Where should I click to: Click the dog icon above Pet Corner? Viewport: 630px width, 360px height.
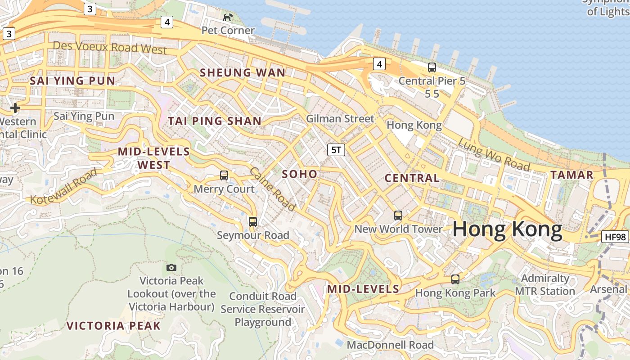228,17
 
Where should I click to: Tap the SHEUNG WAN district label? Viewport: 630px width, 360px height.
243,72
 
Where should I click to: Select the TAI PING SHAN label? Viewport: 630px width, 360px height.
215,121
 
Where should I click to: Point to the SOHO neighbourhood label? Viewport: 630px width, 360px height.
300,174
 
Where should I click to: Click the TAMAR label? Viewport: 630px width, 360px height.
572,175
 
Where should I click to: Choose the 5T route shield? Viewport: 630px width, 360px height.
336,150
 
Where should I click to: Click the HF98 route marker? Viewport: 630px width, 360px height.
615,237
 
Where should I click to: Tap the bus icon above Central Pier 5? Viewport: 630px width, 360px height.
432,67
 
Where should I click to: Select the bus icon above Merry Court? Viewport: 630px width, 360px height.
224,175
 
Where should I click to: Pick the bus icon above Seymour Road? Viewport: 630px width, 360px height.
253,221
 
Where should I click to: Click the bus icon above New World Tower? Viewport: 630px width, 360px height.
398,215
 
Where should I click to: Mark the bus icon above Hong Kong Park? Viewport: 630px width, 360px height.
455,279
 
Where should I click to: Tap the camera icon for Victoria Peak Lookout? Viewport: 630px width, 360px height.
171,268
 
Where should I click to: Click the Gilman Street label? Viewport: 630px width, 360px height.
340,119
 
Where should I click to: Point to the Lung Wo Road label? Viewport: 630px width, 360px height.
494,154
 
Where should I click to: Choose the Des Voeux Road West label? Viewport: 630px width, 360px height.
110,47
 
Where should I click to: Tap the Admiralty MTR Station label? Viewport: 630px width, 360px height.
545,285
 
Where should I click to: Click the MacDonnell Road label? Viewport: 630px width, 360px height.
390,345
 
